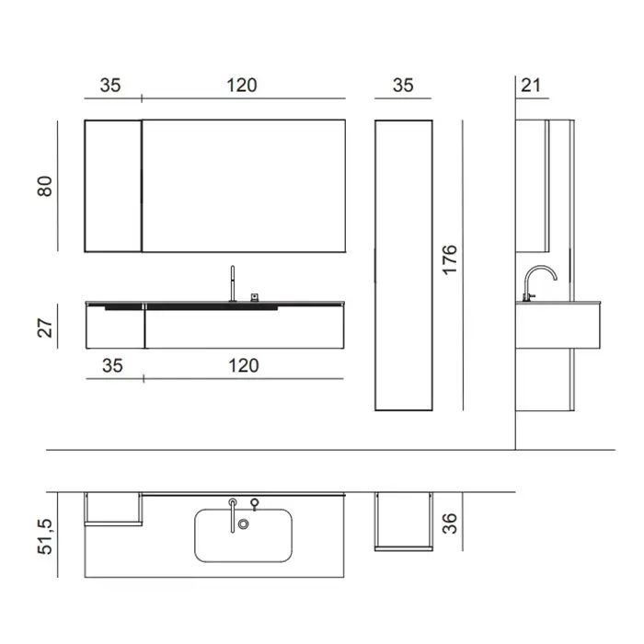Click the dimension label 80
(x=45, y=186)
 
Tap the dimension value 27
(x=45, y=328)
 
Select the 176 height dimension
(x=450, y=259)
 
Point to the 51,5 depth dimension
(x=45, y=536)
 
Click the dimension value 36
(x=450, y=523)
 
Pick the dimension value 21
(x=531, y=86)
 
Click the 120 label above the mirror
(x=242, y=86)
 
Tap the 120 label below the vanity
(x=244, y=365)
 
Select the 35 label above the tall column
(x=403, y=86)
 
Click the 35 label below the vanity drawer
(x=112, y=365)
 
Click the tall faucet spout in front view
(x=233, y=283)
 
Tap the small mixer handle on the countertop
(x=255, y=297)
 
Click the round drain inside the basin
(x=244, y=524)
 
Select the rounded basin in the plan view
(x=244, y=535)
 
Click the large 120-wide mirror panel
(x=244, y=186)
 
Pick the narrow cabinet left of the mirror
(x=113, y=186)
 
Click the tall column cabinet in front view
(x=404, y=265)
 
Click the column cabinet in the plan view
(x=404, y=522)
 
